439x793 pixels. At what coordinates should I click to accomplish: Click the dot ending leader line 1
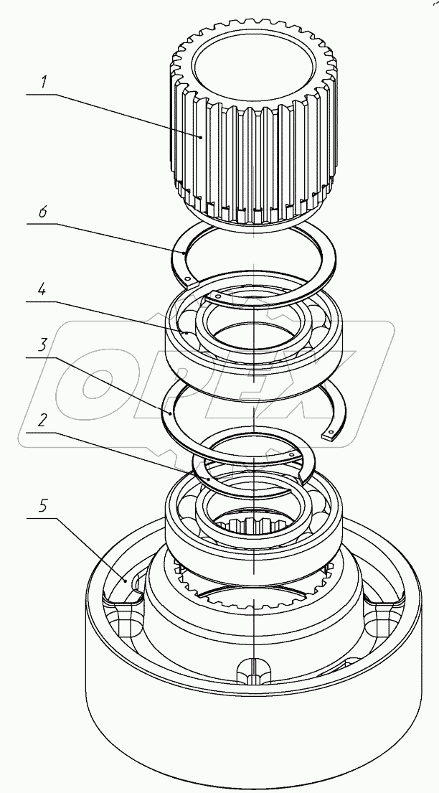click(202, 136)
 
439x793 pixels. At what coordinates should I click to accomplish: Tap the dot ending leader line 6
click(185, 253)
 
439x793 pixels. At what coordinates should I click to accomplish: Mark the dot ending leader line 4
click(187, 333)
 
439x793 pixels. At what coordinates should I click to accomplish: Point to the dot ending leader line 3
click(169, 413)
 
